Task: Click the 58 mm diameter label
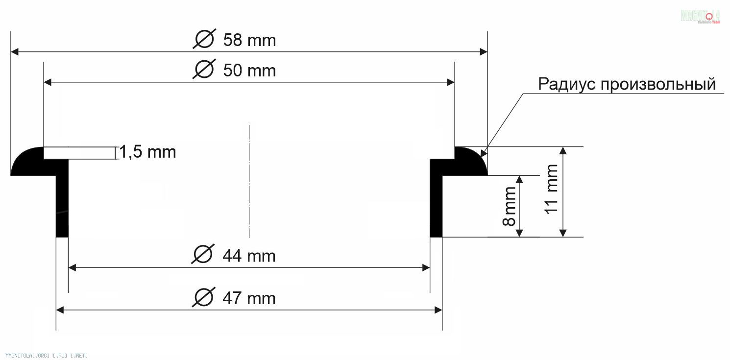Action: [x=249, y=40]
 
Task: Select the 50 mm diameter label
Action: [x=249, y=71]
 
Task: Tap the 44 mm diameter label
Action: [x=248, y=256]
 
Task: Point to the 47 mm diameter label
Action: [x=248, y=298]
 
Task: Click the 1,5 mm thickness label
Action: [x=147, y=152]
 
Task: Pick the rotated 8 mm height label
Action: [x=510, y=206]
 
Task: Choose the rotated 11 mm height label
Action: [x=552, y=189]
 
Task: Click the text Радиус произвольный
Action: [x=627, y=84]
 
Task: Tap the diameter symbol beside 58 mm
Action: [x=204, y=39]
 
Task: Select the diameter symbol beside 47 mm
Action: [x=203, y=297]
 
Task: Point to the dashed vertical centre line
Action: [x=249, y=181]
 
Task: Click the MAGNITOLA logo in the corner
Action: [x=700, y=16]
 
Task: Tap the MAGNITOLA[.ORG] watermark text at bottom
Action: [x=47, y=355]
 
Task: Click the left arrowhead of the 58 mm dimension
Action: [x=15, y=51]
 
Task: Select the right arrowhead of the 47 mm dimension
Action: [x=438, y=310]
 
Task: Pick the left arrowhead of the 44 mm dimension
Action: [x=72, y=267]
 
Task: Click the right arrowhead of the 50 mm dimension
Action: [x=451, y=82]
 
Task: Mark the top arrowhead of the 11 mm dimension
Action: [x=563, y=150]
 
